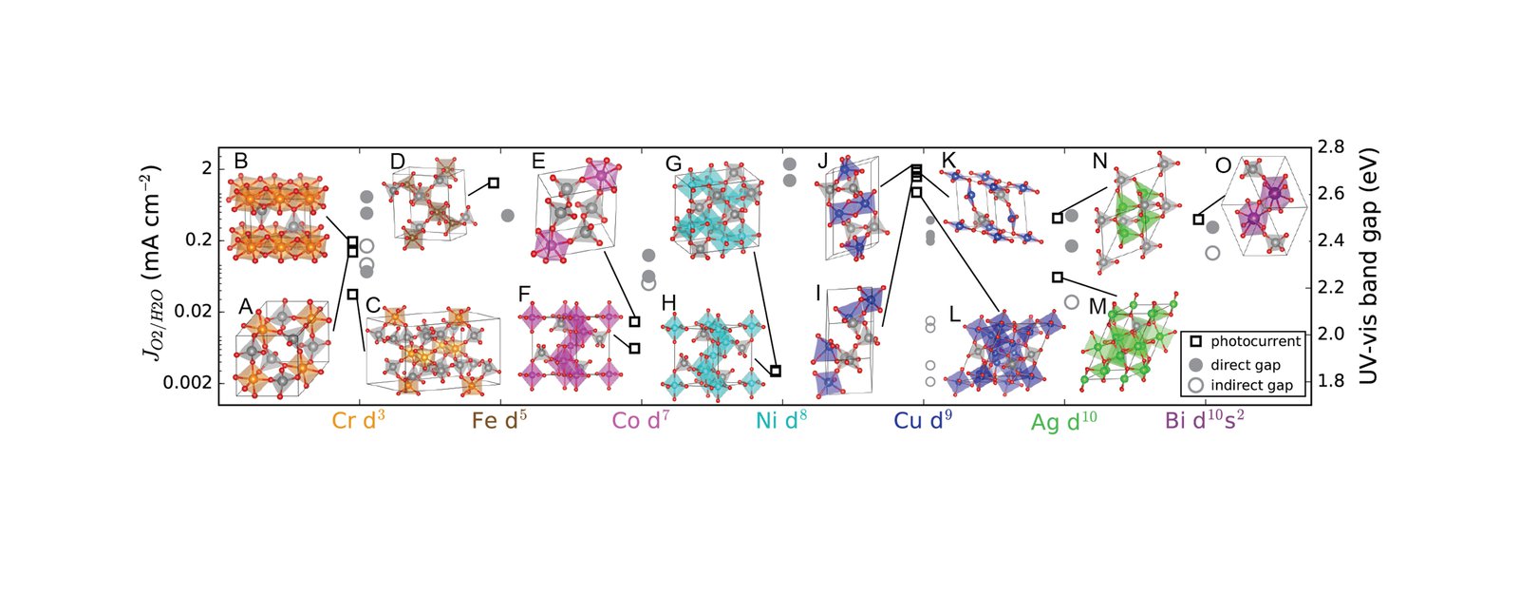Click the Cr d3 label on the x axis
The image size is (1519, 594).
tap(358, 420)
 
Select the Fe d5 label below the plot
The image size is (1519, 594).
tap(499, 420)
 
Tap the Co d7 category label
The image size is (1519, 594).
tap(640, 420)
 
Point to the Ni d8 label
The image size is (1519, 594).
tap(781, 420)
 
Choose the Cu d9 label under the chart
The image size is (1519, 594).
tap(923, 420)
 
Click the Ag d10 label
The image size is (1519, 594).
tap(1063, 421)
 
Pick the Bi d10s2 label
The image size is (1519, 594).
tap(1205, 420)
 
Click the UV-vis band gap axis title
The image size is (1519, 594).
tap(1368, 266)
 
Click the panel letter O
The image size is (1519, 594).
tap(1223, 166)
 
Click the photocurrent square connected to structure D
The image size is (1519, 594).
tap(494, 182)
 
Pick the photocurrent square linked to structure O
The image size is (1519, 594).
tap(1198, 220)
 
